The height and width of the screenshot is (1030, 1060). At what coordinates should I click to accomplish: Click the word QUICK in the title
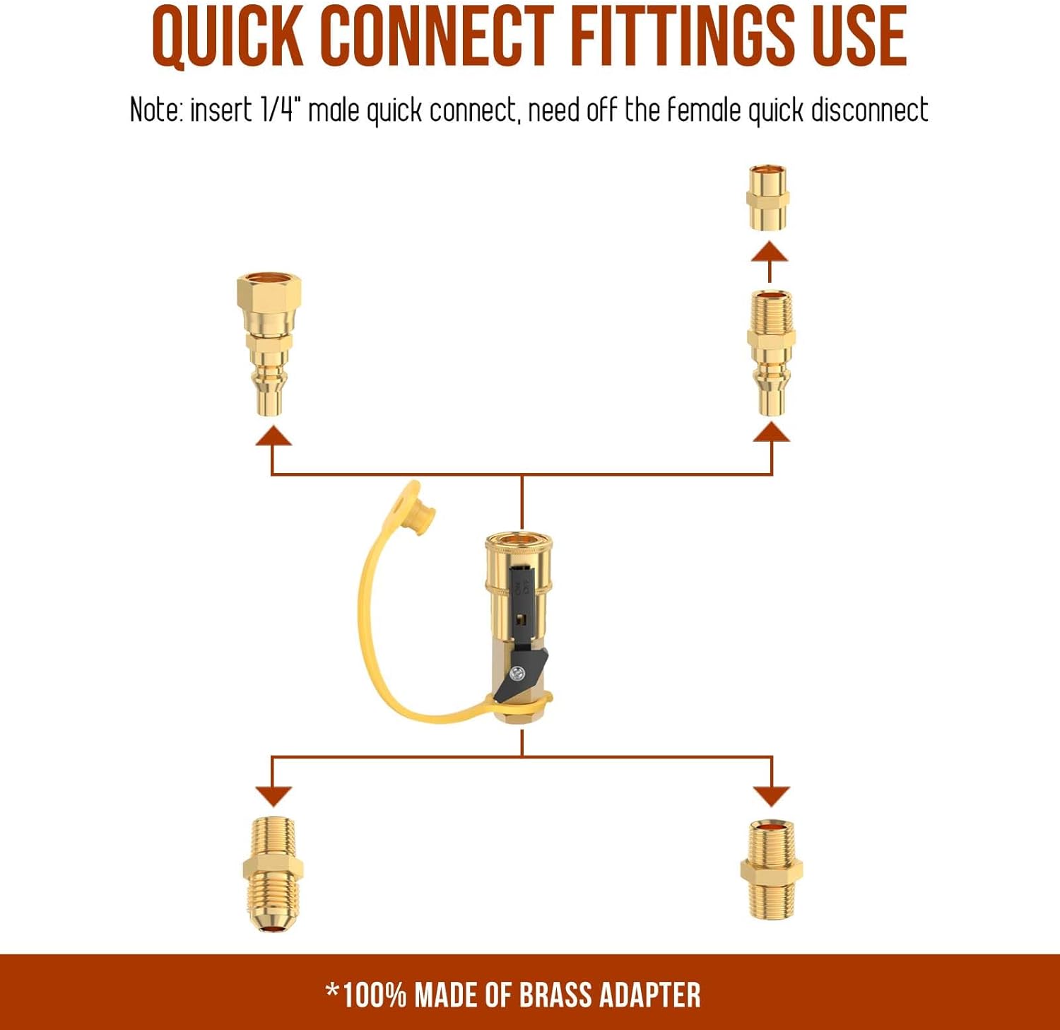[228, 37]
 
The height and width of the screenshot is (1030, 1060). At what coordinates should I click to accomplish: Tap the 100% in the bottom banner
[374, 995]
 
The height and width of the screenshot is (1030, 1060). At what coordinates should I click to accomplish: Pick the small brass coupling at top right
[767, 197]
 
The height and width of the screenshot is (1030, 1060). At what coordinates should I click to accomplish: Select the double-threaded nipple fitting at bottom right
[771, 870]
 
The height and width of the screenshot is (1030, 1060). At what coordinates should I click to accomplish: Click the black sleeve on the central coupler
[520, 594]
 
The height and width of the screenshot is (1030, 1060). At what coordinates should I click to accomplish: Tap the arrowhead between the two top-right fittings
[770, 252]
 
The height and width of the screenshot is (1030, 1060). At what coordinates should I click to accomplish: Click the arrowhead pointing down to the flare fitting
[273, 795]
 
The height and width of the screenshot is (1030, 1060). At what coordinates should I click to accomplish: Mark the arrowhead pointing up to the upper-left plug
[273, 435]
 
